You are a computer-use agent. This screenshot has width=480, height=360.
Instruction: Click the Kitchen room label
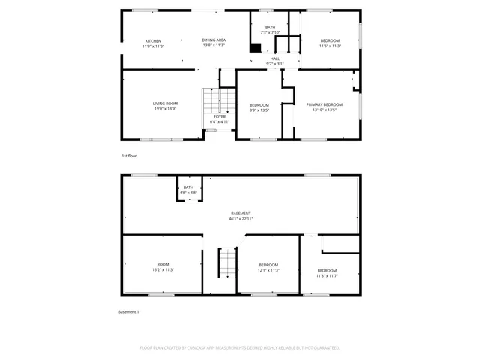click(x=153, y=40)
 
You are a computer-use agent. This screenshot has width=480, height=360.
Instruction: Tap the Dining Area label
click(x=214, y=40)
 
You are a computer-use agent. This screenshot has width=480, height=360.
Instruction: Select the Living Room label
click(x=165, y=103)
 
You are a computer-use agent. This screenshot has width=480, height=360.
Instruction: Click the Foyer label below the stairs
click(x=219, y=117)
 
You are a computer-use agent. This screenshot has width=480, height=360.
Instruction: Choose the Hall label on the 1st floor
click(x=275, y=58)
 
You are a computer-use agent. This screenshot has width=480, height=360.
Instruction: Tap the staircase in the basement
click(x=227, y=262)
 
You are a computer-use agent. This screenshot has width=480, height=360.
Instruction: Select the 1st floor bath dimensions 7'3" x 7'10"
click(x=270, y=33)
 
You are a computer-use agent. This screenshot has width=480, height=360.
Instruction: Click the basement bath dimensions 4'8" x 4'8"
click(x=188, y=193)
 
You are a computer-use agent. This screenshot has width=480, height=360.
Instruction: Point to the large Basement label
click(x=241, y=214)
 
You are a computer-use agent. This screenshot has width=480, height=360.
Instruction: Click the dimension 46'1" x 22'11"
click(x=241, y=219)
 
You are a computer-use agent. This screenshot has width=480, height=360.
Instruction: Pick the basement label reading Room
click(x=163, y=264)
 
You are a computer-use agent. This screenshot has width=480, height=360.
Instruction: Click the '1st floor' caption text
click(x=130, y=156)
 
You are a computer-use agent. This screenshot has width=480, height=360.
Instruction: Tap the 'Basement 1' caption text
click(x=128, y=311)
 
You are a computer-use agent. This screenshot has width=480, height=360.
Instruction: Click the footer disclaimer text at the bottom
click(x=240, y=348)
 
